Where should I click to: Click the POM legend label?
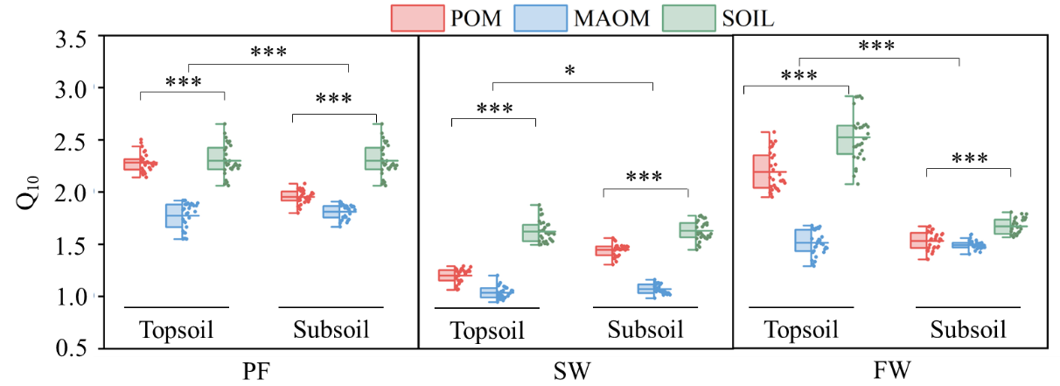(472, 18)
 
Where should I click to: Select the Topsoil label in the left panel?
(177, 330)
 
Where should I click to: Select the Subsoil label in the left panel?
(331, 330)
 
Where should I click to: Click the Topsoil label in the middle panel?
(487, 331)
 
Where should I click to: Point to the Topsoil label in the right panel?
(801, 330)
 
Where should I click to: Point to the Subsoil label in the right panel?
(967, 330)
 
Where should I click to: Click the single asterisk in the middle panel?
(570, 71)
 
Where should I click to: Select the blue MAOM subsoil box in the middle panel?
(648, 288)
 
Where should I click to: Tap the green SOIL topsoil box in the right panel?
(845, 140)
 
